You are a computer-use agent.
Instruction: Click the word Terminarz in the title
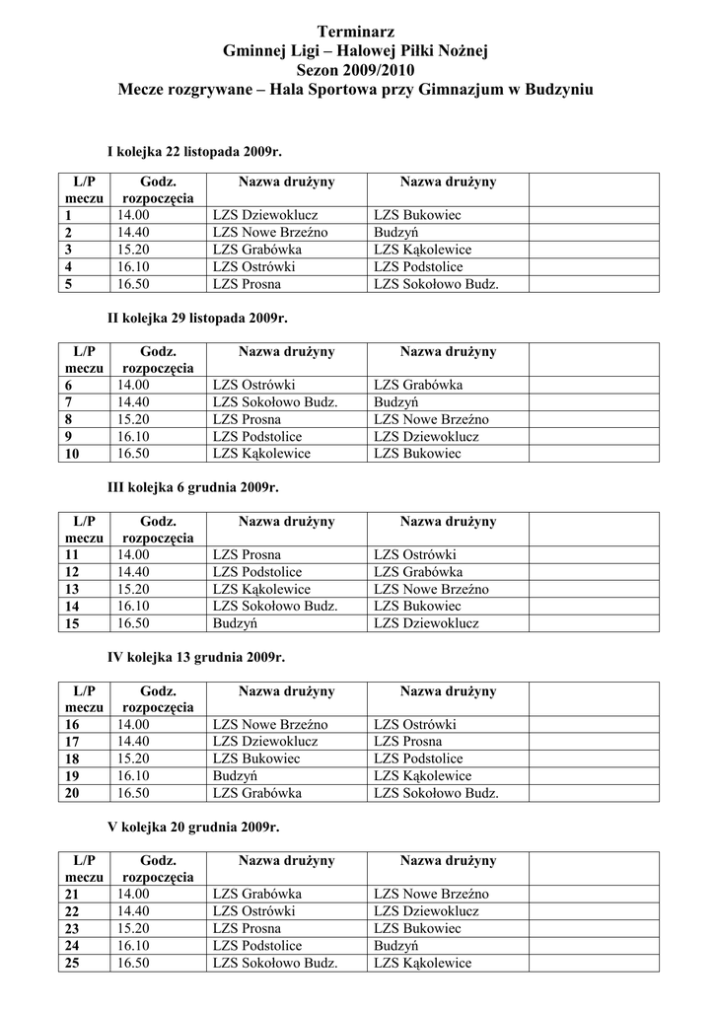click(356, 34)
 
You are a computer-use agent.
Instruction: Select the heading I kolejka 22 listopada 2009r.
click(194, 149)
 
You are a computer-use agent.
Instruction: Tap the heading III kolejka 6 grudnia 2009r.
click(192, 487)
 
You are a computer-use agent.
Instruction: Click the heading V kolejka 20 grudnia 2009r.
click(194, 827)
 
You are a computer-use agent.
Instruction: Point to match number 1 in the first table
click(69, 215)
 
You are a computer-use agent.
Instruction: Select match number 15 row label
click(71, 623)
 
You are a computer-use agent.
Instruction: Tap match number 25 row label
click(71, 963)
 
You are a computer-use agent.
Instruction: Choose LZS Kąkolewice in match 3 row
click(423, 250)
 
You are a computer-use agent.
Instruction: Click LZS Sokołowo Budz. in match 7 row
click(275, 401)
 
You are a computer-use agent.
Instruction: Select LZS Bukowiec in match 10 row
click(417, 454)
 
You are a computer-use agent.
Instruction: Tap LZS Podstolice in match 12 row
click(257, 572)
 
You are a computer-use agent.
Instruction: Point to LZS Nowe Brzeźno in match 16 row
click(270, 724)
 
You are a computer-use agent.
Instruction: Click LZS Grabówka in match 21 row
click(257, 894)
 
